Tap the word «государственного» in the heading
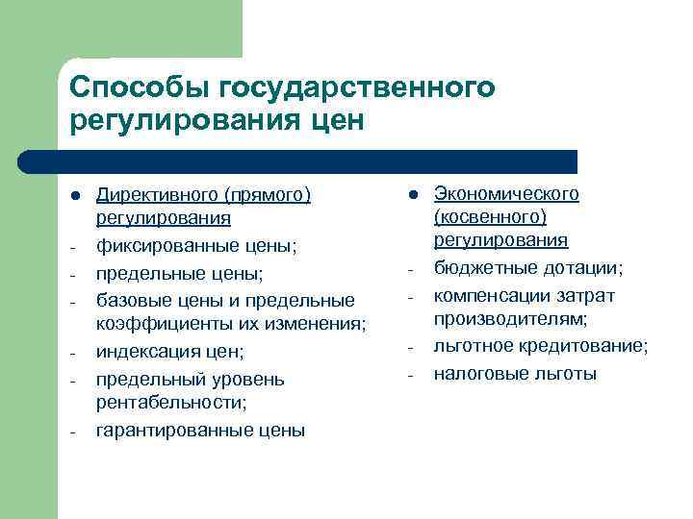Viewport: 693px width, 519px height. (358, 88)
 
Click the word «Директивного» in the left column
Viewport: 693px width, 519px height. (157, 196)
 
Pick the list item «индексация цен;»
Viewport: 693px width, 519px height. (170, 352)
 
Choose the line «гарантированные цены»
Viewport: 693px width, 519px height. (200, 430)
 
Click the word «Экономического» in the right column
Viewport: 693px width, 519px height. (506, 194)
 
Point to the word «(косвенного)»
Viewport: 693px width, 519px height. (490, 217)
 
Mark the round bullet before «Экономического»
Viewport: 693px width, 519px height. (412, 194)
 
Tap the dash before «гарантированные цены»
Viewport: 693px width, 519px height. (75, 431)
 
